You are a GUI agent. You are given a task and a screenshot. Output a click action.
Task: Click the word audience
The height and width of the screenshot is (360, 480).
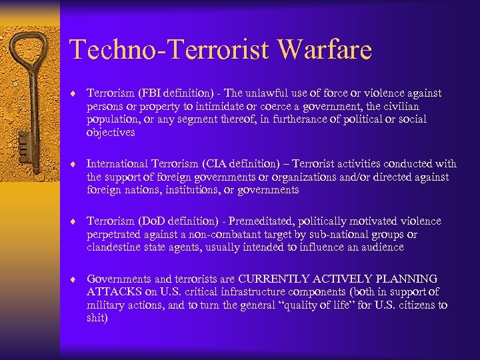click(x=381, y=247)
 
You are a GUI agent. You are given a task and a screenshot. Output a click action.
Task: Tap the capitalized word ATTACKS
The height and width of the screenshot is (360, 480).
click(x=114, y=292)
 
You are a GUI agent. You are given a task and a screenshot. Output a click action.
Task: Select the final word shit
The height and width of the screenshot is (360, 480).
click(x=97, y=318)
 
